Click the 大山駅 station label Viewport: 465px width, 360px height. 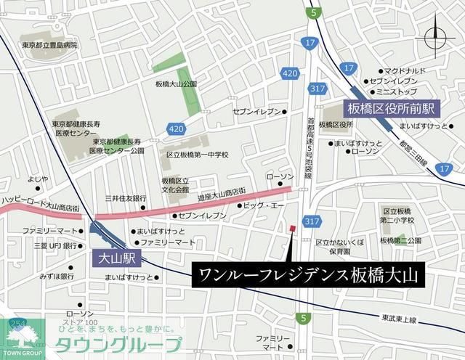click(114, 258)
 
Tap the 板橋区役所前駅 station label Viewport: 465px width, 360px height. click(390, 108)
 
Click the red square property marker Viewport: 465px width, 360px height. click(292, 229)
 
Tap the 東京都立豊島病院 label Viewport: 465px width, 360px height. click(49, 46)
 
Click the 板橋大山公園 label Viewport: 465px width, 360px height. click(177, 84)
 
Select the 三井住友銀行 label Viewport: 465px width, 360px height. click(126, 198)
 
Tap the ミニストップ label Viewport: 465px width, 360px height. click(395, 93)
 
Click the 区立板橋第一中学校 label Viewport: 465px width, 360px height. click(197, 155)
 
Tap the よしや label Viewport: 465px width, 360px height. click(38, 179)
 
